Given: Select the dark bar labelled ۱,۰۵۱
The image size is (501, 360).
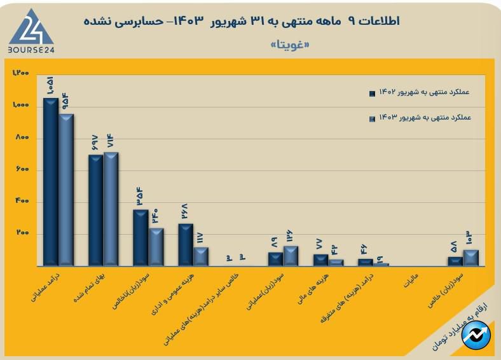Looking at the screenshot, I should point(50,181).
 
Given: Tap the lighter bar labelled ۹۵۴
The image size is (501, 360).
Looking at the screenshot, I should point(66,190).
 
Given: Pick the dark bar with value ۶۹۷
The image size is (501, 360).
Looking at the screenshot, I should point(95,210).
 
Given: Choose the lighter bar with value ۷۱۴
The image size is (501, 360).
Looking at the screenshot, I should point(111,209).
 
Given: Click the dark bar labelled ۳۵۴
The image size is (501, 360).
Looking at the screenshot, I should point(141,237).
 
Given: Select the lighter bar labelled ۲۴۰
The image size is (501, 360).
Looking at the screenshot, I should point(156,247).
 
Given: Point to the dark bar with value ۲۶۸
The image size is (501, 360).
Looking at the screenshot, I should point(186,244).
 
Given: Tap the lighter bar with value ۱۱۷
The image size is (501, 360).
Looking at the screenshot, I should point(201,256).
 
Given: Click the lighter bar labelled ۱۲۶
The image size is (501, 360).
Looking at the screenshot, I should point(291,256).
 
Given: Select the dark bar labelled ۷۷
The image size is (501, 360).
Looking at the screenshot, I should point(321,260).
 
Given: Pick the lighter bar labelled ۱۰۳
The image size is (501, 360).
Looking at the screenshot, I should point(471,258).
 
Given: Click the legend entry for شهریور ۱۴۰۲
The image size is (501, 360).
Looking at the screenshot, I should point(423,93).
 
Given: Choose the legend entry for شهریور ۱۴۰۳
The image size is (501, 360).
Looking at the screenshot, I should point(423,118).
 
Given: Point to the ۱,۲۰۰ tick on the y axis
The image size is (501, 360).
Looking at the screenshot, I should point(21,73).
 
